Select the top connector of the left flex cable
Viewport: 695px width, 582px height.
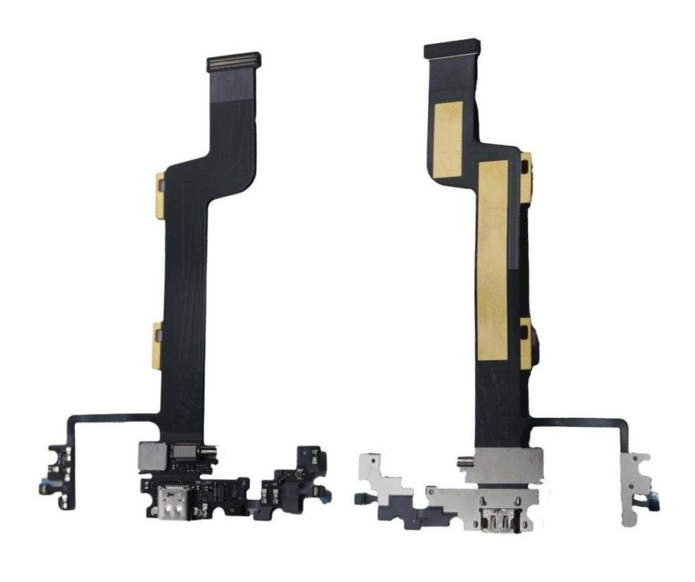[x=234, y=62]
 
